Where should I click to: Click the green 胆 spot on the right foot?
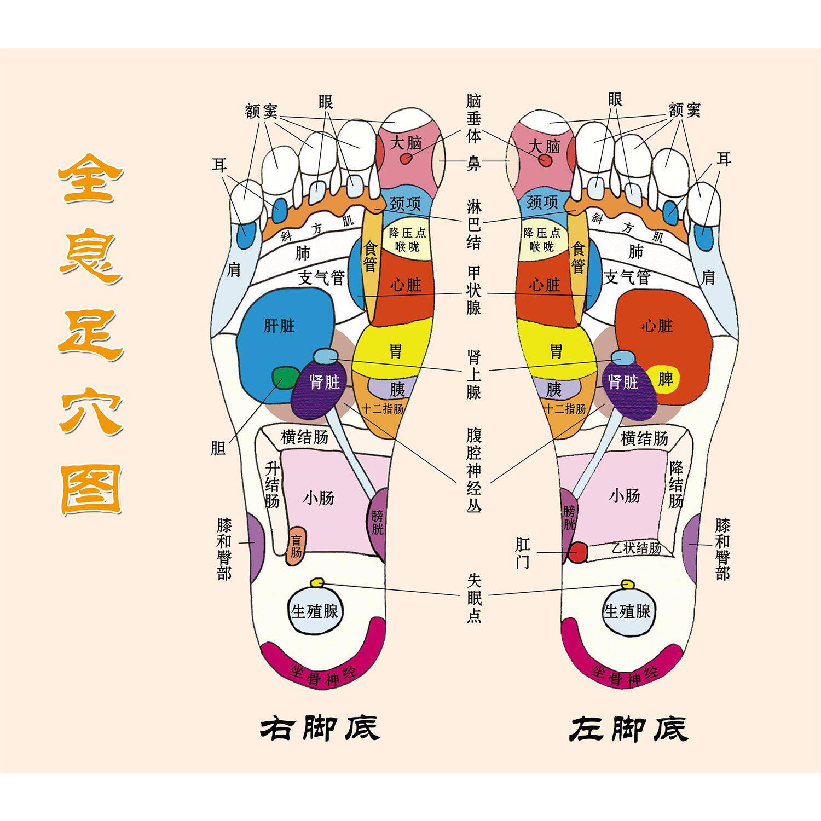pos(284,378)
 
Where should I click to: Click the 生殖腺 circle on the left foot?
pos(627,611)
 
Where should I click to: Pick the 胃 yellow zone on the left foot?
pos(556,351)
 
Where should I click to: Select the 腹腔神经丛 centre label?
pos(474,470)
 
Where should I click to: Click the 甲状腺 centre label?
pos(474,291)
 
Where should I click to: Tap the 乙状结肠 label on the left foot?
pos(636,547)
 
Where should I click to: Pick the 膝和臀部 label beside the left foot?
pos(722,549)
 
